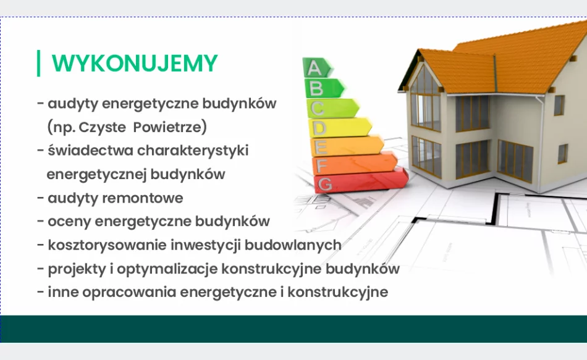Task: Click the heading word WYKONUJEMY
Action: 135,63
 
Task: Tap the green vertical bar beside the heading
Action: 38,63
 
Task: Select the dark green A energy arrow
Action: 317,68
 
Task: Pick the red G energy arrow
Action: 361,181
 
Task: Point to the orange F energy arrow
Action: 355,164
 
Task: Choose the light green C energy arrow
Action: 332,108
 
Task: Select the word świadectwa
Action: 90,151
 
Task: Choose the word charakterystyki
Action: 193,151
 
